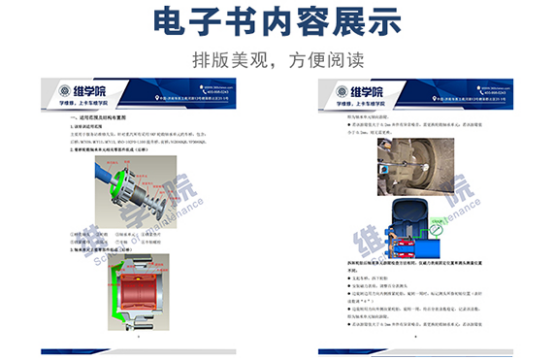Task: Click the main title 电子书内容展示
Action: click(276, 21)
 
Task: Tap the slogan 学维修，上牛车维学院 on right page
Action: click(354, 104)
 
